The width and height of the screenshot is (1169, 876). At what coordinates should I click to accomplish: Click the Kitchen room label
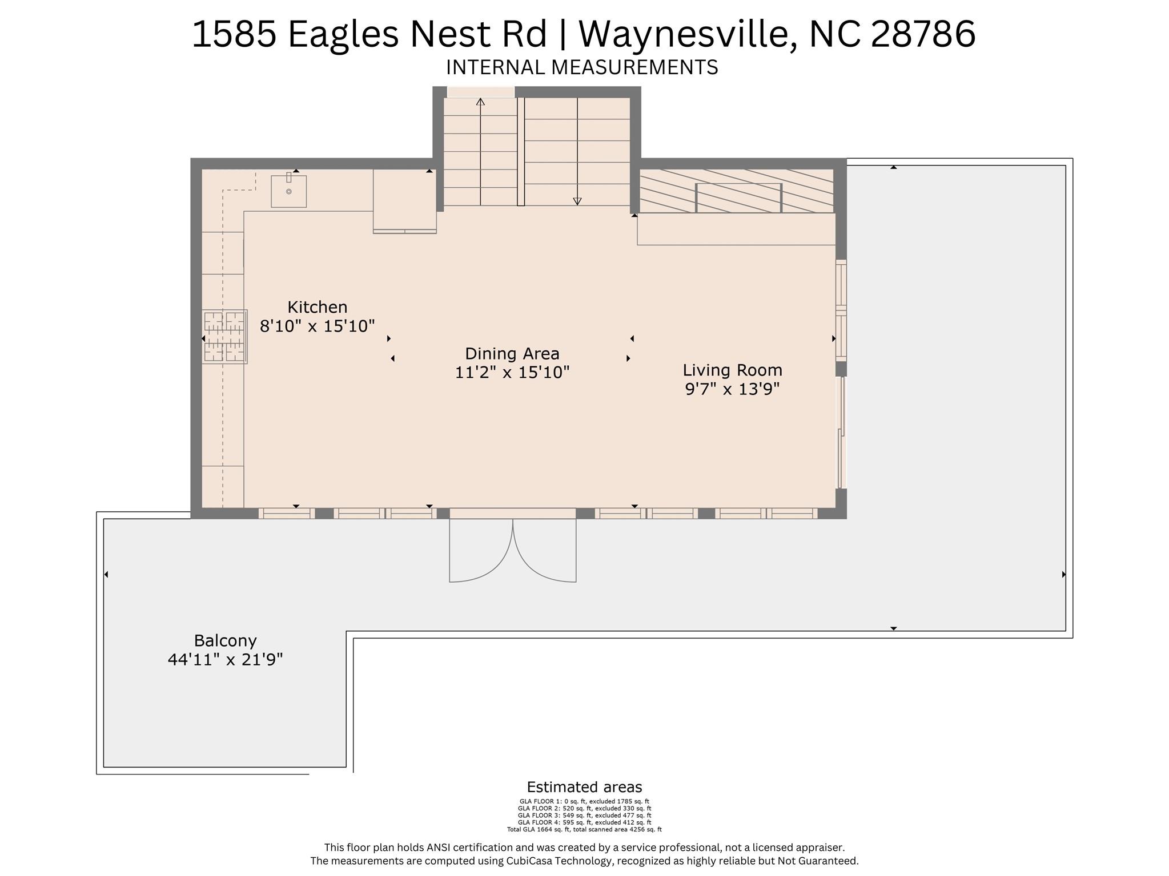[x=317, y=307]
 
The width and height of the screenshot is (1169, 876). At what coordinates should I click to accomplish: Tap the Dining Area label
[x=512, y=354]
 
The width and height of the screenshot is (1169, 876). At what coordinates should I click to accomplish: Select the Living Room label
[x=732, y=370]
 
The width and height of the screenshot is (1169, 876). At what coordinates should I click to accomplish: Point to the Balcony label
[x=225, y=641]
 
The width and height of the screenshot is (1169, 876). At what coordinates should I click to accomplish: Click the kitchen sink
[x=288, y=191]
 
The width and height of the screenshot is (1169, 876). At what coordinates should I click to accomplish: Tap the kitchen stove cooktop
[x=224, y=337]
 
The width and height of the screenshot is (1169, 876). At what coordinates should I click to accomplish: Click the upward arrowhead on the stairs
[x=480, y=102]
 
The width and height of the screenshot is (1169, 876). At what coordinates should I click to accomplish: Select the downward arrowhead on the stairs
[x=577, y=201]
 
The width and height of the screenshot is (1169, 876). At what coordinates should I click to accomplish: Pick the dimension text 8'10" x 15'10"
[x=317, y=326]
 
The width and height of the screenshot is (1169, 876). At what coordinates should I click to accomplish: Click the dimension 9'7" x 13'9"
[x=732, y=389]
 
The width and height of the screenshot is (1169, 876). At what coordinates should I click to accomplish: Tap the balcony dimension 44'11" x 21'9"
[x=225, y=660]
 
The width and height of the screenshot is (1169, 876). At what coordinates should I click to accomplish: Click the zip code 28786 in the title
[x=923, y=34]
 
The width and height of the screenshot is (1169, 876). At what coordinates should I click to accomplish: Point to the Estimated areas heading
[x=584, y=788]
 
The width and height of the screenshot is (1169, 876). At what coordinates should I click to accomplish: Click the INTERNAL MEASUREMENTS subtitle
[x=582, y=67]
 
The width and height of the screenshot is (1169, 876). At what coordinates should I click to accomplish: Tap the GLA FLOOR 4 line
[x=584, y=822]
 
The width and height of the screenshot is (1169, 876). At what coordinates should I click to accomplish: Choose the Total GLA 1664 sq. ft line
[x=584, y=830]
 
